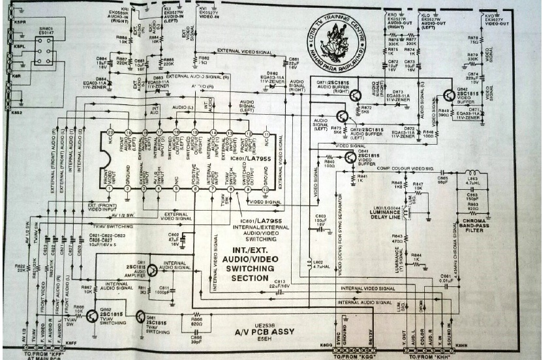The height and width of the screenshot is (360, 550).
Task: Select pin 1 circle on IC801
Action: [110, 188]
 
